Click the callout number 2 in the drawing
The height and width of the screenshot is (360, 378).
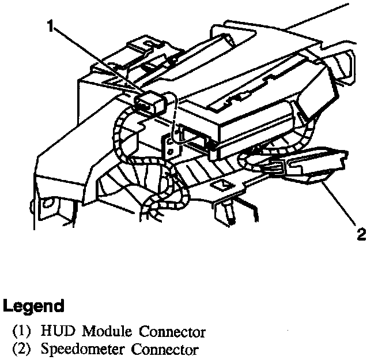[x=362, y=234]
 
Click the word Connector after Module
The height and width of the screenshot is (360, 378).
[x=168, y=332]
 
